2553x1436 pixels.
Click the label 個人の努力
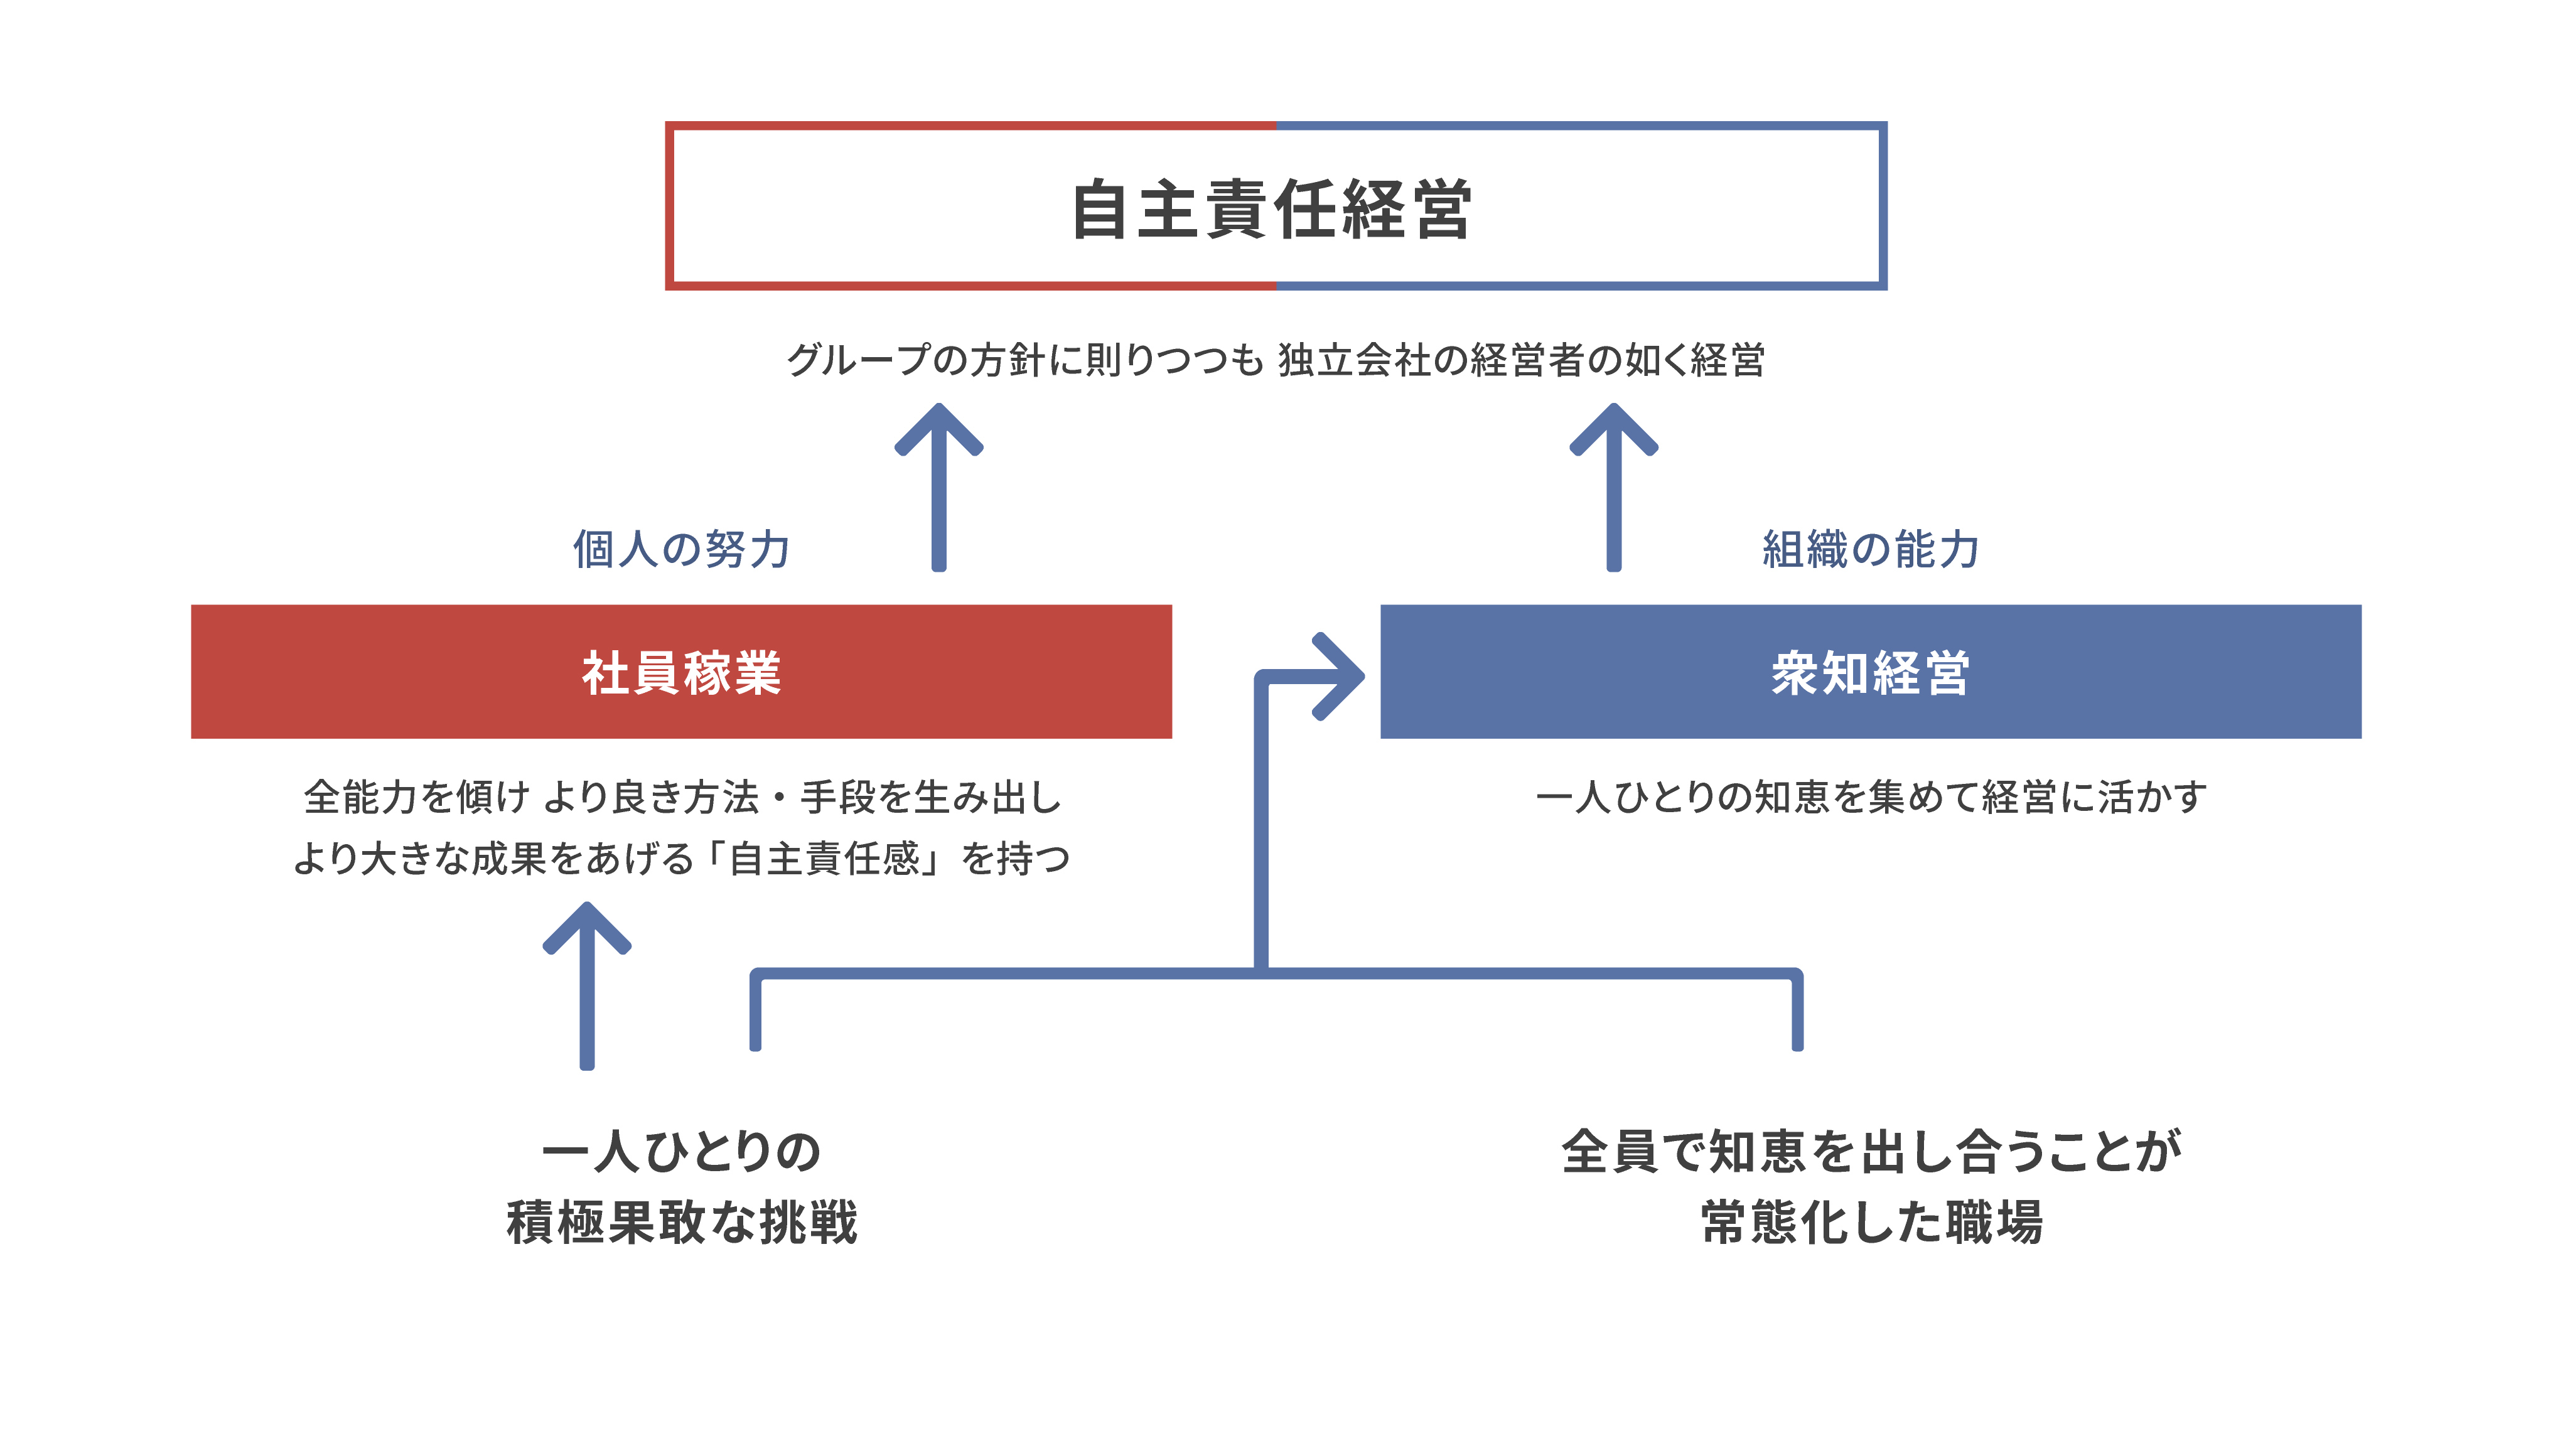point(681,549)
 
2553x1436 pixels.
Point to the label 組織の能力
point(1870,549)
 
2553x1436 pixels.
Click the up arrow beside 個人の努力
point(938,486)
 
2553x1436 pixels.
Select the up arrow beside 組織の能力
point(1613,486)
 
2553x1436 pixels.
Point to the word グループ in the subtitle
point(858,360)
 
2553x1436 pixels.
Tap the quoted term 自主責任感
point(825,858)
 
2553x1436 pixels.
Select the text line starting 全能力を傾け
point(681,797)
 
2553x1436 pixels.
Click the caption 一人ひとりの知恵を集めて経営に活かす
point(1870,797)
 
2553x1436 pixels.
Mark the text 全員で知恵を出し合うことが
point(1870,1152)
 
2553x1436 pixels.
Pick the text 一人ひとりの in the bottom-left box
point(681,1152)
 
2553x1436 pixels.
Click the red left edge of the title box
point(670,206)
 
